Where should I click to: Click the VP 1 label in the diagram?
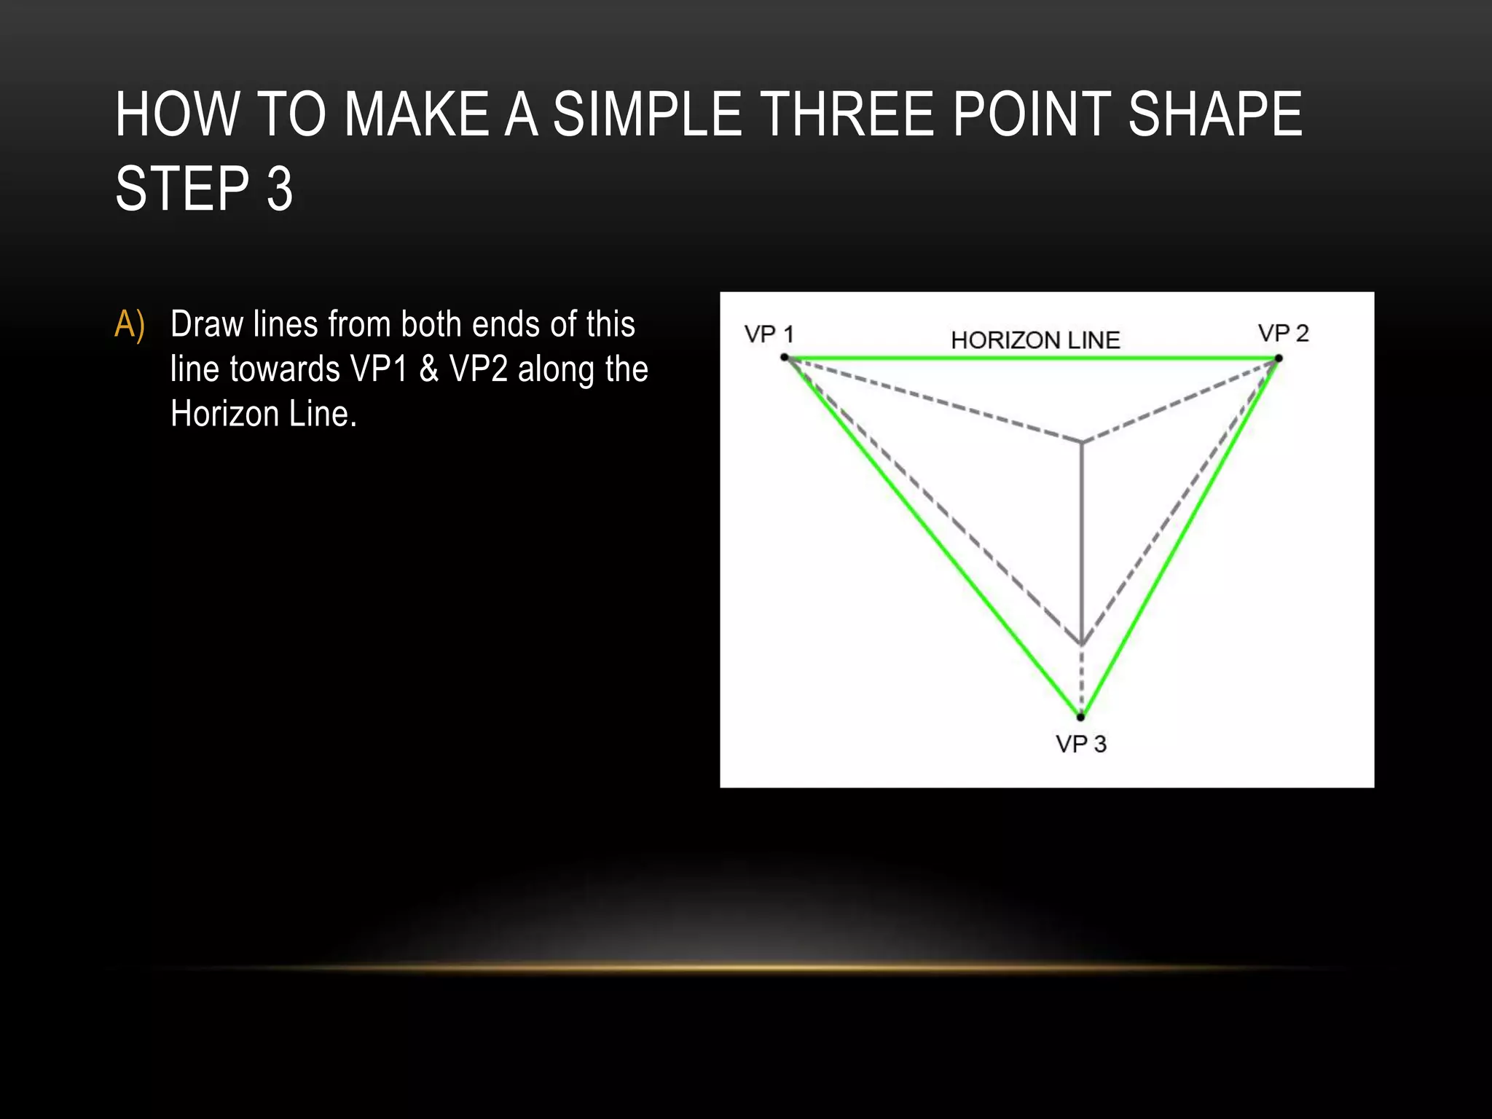tap(769, 334)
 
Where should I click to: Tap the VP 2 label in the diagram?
tap(1283, 334)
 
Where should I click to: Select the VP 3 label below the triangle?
tap(1080, 744)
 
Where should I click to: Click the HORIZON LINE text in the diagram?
tap(1034, 340)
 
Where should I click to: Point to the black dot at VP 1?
tap(785, 357)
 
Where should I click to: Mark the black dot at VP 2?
tap(1279, 358)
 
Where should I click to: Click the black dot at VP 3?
tap(1080, 717)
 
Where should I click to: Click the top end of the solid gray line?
tap(1082, 443)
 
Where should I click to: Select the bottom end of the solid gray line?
tap(1082, 643)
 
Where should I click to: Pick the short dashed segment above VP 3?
tap(1081, 680)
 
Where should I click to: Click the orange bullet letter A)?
tap(130, 324)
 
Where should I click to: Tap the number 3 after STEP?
tap(280, 189)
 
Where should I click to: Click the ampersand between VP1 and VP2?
tap(428, 369)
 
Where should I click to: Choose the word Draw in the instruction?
tap(207, 324)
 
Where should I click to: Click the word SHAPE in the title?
tap(1214, 114)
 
